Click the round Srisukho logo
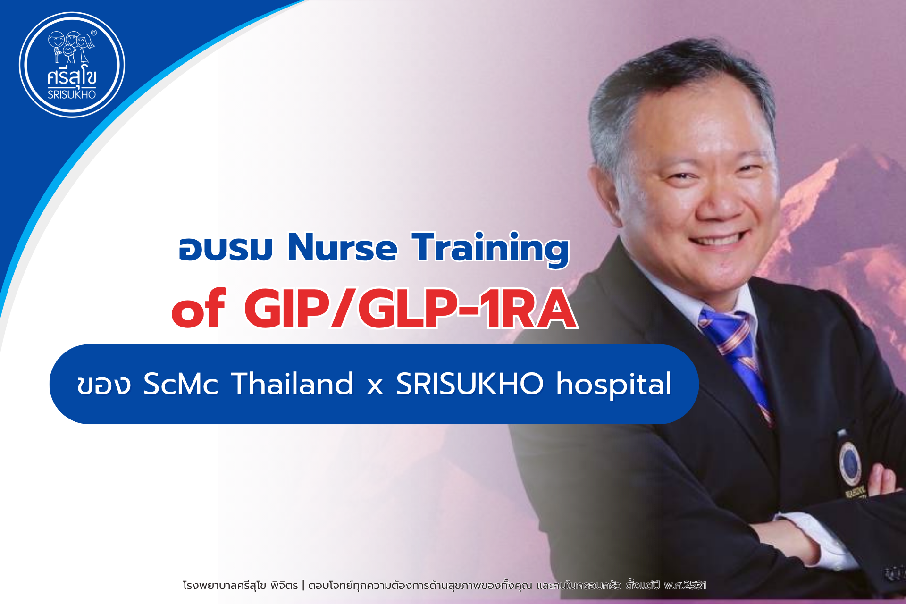pos(72,65)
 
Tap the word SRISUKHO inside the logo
pos(72,94)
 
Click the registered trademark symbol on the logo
pos(93,33)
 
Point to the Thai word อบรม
pos(226,249)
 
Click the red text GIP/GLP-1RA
pos(411,309)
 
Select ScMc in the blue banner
pos(181,384)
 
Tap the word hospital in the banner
pos(613,385)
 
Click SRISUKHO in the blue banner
pos(470,383)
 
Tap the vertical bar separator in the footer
pos(303,586)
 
